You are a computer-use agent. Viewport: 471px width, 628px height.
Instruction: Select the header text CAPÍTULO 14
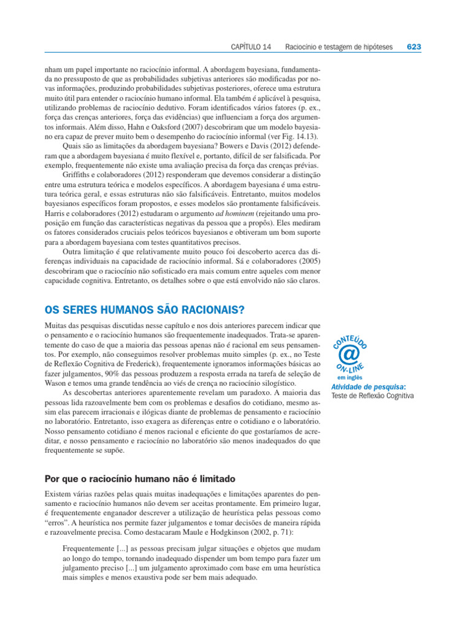point(251,47)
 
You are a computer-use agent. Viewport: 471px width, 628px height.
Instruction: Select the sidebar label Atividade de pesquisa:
point(368,387)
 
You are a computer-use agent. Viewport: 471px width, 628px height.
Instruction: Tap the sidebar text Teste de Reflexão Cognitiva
point(372,396)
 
